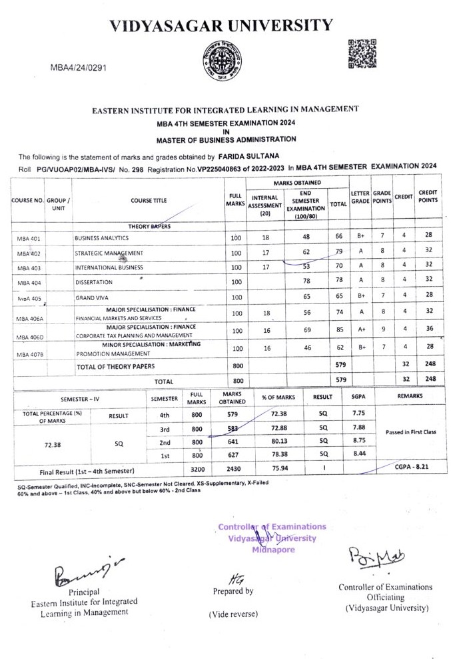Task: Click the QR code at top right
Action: click(x=363, y=54)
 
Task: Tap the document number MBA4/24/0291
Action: click(x=79, y=67)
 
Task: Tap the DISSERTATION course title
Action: click(x=94, y=282)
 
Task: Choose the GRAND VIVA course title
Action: click(x=93, y=297)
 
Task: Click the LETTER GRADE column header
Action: click(x=360, y=196)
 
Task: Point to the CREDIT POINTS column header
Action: click(x=427, y=196)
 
